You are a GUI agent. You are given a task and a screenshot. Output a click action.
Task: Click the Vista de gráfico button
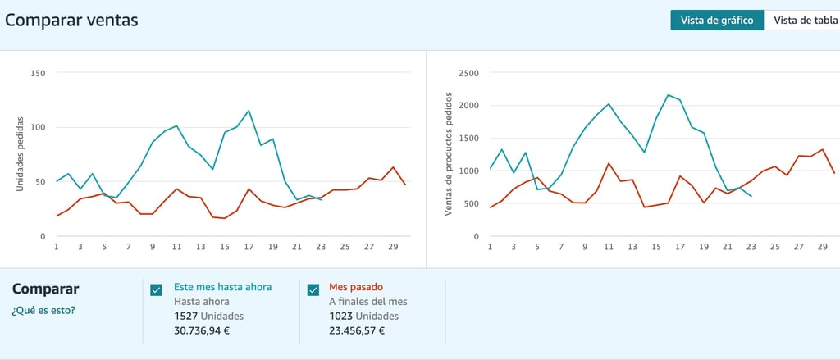click(x=717, y=21)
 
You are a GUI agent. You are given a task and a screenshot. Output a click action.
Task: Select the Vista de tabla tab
click(x=805, y=21)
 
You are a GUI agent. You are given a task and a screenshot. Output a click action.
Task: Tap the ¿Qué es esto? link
click(x=43, y=311)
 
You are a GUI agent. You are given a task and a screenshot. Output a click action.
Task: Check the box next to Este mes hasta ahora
click(x=157, y=289)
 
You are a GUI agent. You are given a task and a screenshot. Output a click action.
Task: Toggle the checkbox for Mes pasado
click(x=313, y=289)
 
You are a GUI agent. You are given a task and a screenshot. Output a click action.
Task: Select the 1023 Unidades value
click(x=363, y=316)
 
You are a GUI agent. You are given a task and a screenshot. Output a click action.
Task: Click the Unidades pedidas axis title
click(x=21, y=153)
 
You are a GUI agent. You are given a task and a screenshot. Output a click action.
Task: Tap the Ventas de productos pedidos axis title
click(x=449, y=153)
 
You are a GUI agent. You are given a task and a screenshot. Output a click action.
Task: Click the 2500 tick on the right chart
click(x=468, y=73)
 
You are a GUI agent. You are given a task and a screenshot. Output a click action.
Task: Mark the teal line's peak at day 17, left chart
click(x=249, y=111)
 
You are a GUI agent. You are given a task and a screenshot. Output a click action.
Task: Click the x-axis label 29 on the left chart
click(x=393, y=247)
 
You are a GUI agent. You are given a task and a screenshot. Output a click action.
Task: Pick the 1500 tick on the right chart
click(x=468, y=139)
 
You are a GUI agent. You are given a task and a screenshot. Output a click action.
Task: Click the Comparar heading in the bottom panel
click(x=46, y=289)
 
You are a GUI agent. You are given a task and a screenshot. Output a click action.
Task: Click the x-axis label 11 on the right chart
click(x=609, y=247)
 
